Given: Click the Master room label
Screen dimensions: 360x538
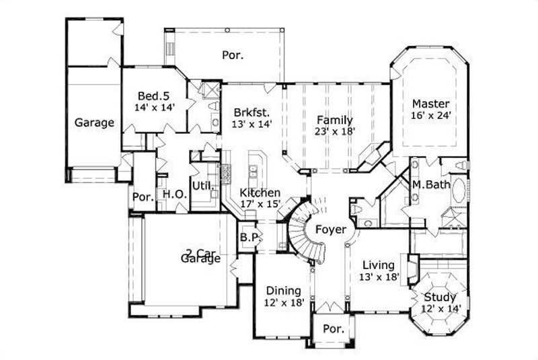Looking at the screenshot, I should [430, 104].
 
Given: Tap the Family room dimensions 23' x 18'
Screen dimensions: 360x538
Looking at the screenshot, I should [334, 132].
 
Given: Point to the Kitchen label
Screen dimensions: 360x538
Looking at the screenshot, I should [260, 192].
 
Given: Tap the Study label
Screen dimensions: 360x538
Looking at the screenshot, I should [440, 297].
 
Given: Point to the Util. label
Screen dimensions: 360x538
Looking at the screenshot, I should [203, 185].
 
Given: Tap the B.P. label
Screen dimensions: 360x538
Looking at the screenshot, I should [246, 238].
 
